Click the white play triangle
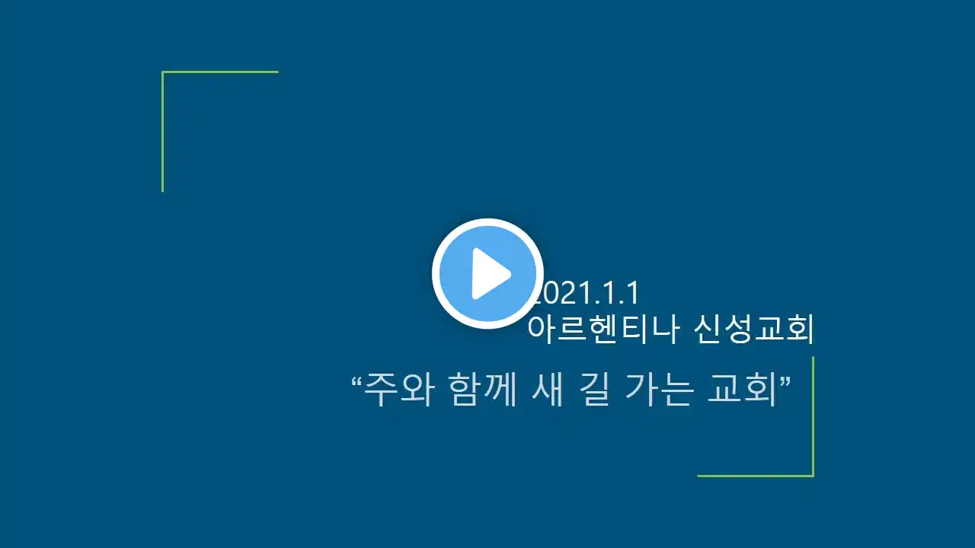click(489, 274)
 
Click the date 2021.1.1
click(587, 293)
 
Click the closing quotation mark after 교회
click(785, 381)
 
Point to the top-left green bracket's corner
click(163, 72)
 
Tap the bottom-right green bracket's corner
click(813, 476)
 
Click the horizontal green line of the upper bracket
click(220, 72)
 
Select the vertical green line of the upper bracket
click(163, 131)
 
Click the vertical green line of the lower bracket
click(813, 416)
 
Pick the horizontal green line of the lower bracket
click(756, 476)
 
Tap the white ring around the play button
click(436, 273)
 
